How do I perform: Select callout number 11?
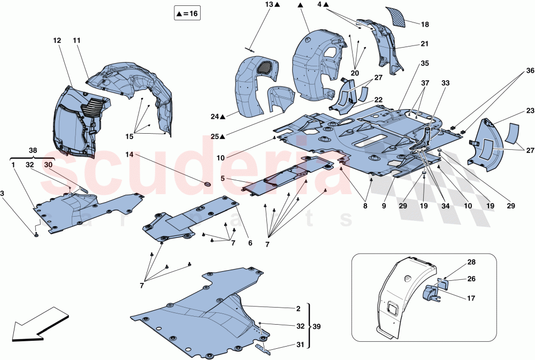click(x=77, y=41)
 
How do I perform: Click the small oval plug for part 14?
click(x=207, y=184)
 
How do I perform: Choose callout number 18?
click(x=424, y=24)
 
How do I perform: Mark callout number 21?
click(x=424, y=44)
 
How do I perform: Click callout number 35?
click(x=424, y=63)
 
